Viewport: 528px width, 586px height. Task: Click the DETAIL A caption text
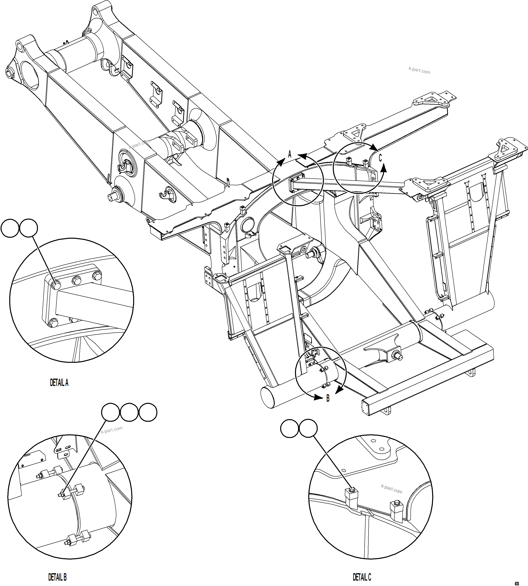[x=59, y=383]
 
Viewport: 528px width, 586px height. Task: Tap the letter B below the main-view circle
[x=328, y=398]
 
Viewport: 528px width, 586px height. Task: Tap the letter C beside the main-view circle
[x=380, y=158]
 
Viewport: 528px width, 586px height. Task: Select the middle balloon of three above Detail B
[x=129, y=412]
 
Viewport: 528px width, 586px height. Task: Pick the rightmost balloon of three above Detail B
[x=148, y=412]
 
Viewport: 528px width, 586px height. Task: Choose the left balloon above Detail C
[x=290, y=428]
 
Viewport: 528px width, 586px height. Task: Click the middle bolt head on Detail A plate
[x=77, y=280]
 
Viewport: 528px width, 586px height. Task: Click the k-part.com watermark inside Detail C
[x=392, y=489]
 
